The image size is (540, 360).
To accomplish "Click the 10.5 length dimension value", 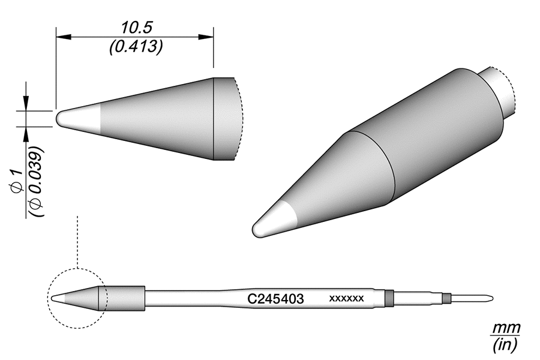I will (x=134, y=27).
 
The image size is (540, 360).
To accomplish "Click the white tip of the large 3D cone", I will (x=271, y=221).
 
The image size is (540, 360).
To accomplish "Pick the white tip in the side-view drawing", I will (x=75, y=118).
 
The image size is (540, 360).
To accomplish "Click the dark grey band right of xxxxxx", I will (x=389, y=298).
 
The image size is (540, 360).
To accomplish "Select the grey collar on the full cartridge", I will (x=125, y=298).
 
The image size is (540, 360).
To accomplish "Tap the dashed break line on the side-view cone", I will (x=239, y=119).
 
